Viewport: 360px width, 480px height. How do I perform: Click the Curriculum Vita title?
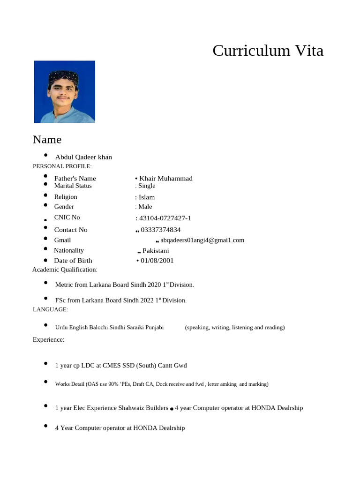tap(268, 50)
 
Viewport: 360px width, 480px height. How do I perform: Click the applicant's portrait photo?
tap(64, 92)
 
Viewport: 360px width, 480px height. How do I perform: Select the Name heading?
tap(47, 140)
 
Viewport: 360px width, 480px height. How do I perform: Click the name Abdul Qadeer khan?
tap(83, 157)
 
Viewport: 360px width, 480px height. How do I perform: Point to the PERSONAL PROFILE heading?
tap(62, 166)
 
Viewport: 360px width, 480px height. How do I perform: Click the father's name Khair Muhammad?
tap(165, 179)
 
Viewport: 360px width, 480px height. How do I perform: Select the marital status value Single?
tap(146, 186)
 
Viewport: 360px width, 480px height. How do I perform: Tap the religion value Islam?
tap(146, 197)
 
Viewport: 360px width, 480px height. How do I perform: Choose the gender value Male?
tap(145, 207)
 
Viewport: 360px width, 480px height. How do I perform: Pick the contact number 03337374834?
tap(160, 230)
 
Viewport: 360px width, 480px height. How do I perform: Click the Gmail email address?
tap(202, 240)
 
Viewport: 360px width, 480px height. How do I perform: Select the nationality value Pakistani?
tap(156, 251)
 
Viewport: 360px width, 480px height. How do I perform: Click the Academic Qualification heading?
tap(65, 270)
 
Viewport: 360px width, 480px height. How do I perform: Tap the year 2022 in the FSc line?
tap(147, 300)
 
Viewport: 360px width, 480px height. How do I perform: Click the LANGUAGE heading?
tap(50, 309)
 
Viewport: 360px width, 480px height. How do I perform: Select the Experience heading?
tap(48, 339)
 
